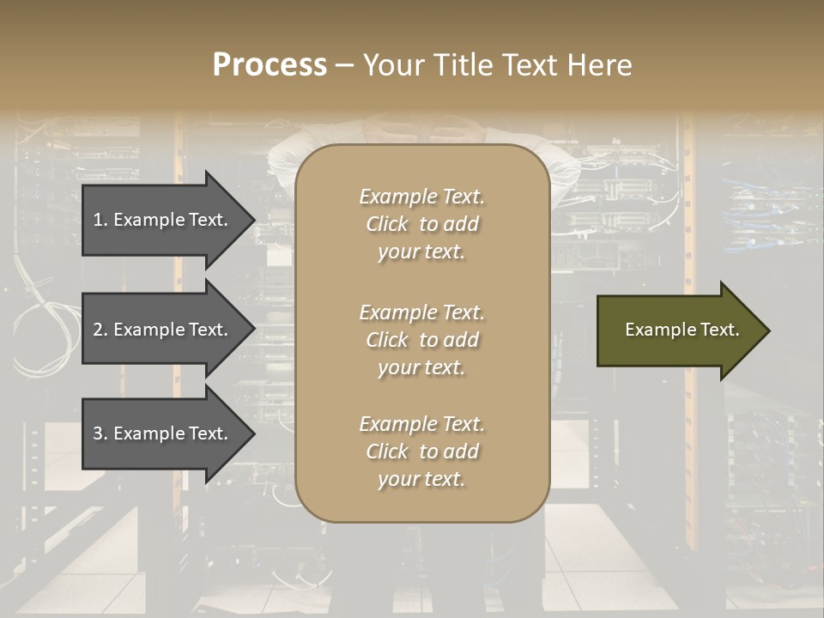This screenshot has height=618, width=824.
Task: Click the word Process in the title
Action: click(x=270, y=65)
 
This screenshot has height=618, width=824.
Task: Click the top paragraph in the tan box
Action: click(x=421, y=224)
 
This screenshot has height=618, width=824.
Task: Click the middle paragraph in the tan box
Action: click(x=421, y=340)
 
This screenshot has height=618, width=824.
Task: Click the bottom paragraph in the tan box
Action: click(x=421, y=451)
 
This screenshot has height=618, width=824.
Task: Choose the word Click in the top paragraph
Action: click(x=387, y=224)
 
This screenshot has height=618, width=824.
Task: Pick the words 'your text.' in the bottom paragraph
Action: click(x=421, y=479)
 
